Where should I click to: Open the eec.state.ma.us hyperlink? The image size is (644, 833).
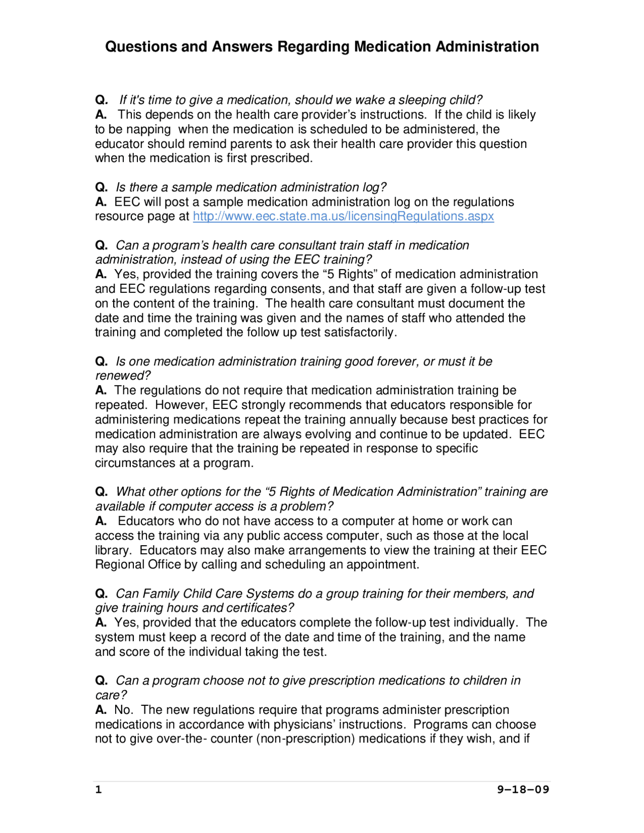(x=343, y=216)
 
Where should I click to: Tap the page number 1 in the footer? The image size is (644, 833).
(x=99, y=789)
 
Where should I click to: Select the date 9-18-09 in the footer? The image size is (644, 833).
(x=523, y=789)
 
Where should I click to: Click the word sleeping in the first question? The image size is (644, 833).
(x=422, y=100)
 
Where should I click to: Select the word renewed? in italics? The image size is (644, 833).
(x=123, y=376)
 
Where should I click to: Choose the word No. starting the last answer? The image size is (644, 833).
(x=123, y=710)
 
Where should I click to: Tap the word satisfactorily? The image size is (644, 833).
(x=360, y=332)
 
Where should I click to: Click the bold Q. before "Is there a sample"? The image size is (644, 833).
(x=101, y=187)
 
